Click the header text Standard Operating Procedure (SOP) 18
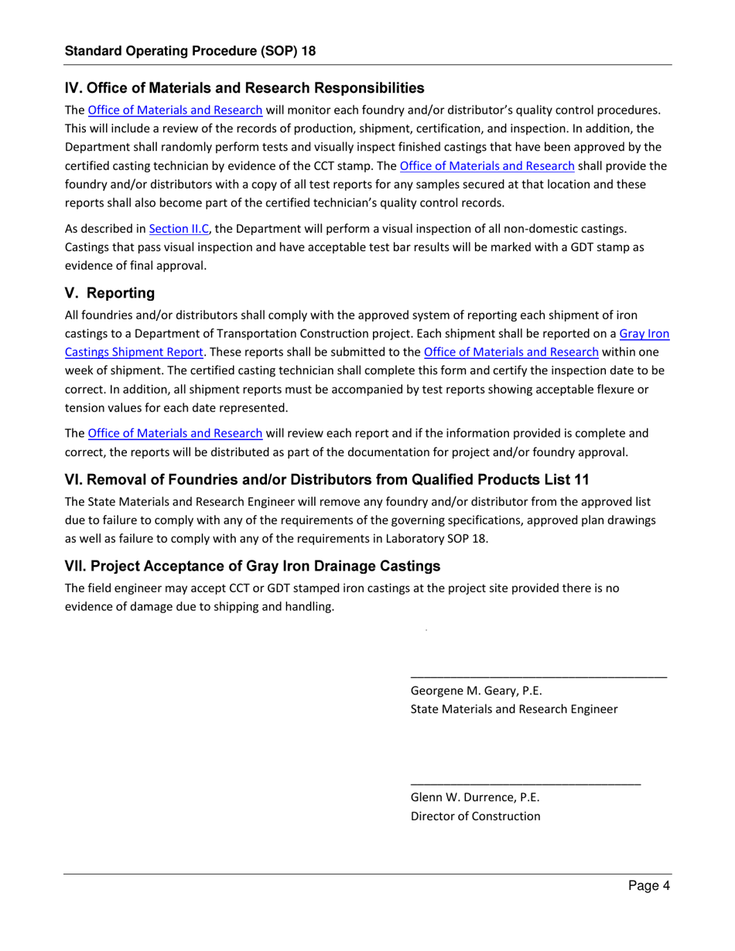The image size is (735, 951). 190,51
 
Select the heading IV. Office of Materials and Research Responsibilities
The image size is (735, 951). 244,88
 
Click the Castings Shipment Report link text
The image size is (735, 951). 134,352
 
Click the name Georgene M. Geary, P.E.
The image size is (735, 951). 474,690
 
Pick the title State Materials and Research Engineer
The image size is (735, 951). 514,709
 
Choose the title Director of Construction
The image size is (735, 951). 475,816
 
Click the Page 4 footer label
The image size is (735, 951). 648,887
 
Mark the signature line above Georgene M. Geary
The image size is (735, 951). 538,677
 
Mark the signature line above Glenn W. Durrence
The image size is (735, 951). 525,783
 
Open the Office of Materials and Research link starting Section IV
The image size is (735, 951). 175,110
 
